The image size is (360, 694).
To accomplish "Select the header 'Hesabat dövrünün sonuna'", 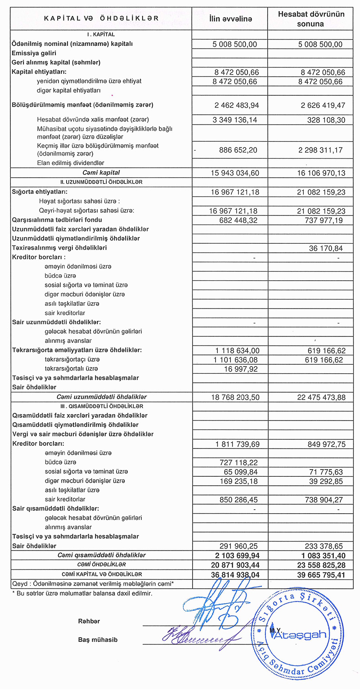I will pyautogui.click(x=310, y=19).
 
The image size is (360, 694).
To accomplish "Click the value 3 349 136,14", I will pyautogui.click(x=234, y=120).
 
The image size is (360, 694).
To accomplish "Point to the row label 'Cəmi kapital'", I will pyautogui.click(x=101, y=172).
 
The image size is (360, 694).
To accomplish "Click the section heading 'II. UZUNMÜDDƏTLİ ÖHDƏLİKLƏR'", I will pyautogui.click(x=101, y=182).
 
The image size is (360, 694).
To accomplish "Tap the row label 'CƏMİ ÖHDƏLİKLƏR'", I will pyautogui.click(x=101, y=564).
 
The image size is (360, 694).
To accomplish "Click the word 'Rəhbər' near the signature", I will pyautogui.click(x=89, y=621).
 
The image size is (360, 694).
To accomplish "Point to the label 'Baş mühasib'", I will pyautogui.click(x=98, y=640).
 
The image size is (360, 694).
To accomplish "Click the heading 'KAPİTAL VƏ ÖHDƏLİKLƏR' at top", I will pyautogui.click(x=101, y=18).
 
